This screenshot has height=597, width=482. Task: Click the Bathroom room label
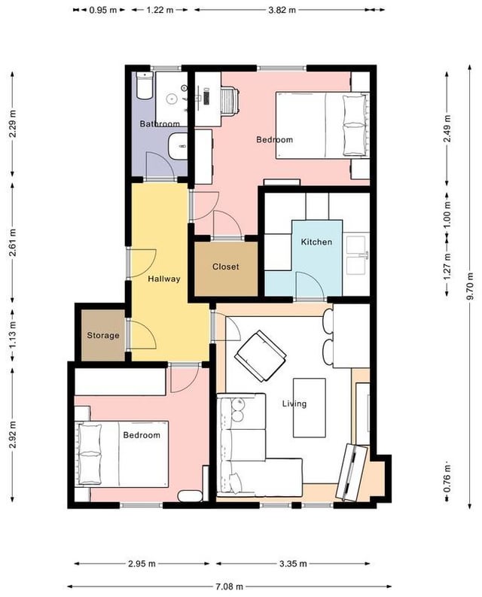160,123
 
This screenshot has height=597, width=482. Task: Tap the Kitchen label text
316,242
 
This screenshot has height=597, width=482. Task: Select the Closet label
226,267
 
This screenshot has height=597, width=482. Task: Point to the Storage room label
103,336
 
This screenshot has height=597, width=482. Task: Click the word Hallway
164,279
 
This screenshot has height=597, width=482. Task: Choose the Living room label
294,404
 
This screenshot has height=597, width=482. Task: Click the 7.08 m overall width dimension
228,586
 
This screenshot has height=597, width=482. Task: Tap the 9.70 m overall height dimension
470,286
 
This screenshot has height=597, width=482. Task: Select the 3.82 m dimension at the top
282,10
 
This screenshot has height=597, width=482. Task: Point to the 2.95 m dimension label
142,563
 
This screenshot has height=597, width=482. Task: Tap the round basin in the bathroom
172,99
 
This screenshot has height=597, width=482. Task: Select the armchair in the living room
261,355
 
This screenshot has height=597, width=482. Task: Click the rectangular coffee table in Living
309,407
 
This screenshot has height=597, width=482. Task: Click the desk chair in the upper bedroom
230,100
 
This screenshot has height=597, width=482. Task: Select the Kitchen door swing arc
310,286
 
